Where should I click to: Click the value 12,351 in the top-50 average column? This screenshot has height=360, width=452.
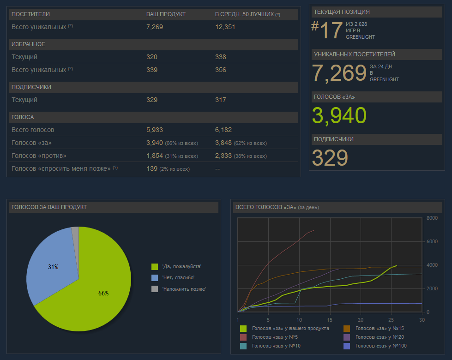(225, 27)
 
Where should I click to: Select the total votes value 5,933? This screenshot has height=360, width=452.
(155, 130)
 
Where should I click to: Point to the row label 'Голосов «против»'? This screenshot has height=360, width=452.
(39, 156)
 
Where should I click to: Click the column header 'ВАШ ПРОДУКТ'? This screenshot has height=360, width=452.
(166, 14)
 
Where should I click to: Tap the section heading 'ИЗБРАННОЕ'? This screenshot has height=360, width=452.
(28, 44)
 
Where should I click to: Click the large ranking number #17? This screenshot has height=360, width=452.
(327, 30)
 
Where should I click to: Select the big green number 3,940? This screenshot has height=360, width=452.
(339, 115)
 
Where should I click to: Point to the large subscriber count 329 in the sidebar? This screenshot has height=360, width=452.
(330, 158)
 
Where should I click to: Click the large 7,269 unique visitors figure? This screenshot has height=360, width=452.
(339, 73)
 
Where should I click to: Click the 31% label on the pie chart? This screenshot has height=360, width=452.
(53, 267)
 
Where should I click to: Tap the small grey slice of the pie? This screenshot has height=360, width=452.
(75, 231)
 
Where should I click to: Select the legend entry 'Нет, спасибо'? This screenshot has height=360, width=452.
(178, 277)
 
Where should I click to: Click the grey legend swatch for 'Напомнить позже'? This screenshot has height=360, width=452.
(155, 289)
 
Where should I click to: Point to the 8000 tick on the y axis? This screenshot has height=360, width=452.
(432, 218)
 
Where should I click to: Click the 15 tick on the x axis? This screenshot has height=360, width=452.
(330, 320)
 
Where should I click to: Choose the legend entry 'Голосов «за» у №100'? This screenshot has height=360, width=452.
(381, 346)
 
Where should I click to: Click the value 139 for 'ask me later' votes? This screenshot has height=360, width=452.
(152, 168)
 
